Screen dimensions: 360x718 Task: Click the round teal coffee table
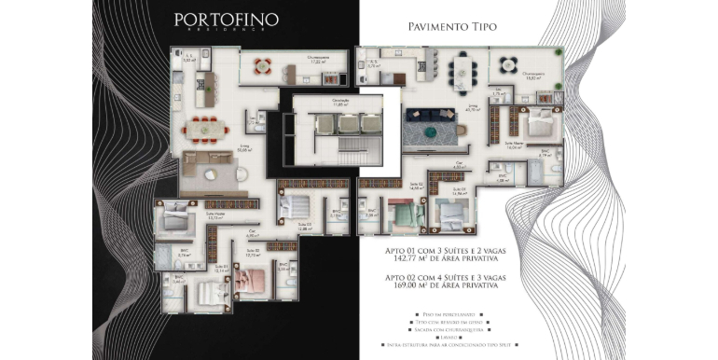pos(430,132)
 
